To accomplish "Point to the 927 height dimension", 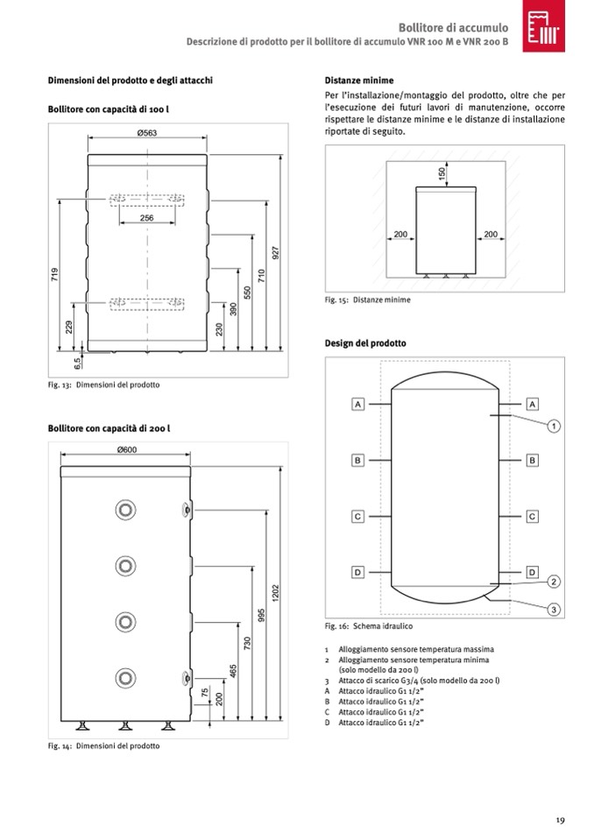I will click(x=275, y=251).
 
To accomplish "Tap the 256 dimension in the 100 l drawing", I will click(x=146, y=218).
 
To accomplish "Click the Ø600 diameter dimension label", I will click(x=127, y=450).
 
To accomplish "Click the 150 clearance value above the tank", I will click(x=442, y=173).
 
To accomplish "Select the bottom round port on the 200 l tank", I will click(x=124, y=676).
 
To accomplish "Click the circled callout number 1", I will click(x=554, y=426).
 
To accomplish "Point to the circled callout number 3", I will click(x=554, y=610).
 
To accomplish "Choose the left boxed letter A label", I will click(x=357, y=404).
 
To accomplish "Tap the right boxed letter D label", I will click(x=532, y=572).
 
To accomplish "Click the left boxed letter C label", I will click(x=357, y=516).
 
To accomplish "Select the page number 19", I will click(x=559, y=820).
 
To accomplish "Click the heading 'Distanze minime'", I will click(x=358, y=80).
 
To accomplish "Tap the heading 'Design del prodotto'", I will click(x=365, y=343).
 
